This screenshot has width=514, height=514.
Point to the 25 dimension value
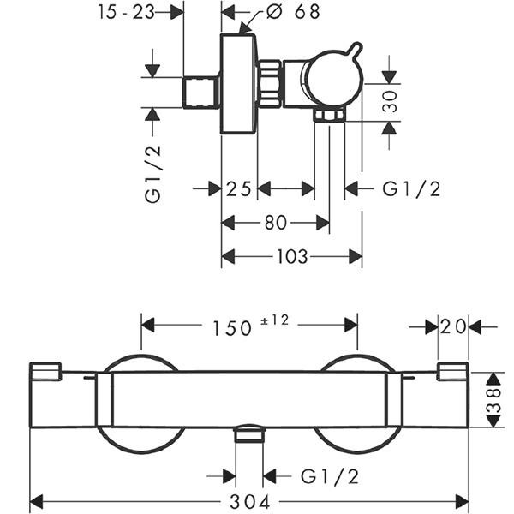(239, 188)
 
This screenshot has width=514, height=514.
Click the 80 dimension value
(275, 223)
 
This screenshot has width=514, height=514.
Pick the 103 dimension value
(291, 256)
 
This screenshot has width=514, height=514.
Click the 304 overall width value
(250, 500)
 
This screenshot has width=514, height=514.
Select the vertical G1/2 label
(153, 174)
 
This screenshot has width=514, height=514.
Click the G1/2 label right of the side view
(411, 189)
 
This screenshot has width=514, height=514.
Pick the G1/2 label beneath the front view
(329, 476)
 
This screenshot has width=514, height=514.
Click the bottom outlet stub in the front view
(249, 433)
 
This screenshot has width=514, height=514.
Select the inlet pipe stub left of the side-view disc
(202, 92)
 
